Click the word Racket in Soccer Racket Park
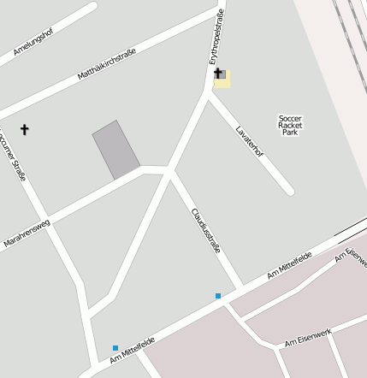pyautogui.click(x=291, y=126)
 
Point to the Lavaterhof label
pyautogui.click(x=250, y=141)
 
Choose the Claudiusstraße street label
pyautogui.click(x=206, y=228)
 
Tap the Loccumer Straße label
pyautogui.click(x=15, y=154)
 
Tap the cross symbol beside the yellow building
pyautogui.click(x=216, y=74)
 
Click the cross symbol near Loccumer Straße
pyautogui.click(x=25, y=130)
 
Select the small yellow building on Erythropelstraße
pyautogui.click(x=222, y=79)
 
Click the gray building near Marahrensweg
pyautogui.click(x=115, y=150)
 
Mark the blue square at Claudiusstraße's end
pyautogui.click(x=218, y=296)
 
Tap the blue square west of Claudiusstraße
pyautogui.click(x=115, y=348)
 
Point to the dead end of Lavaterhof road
pyautogui.click(x=289, y=191)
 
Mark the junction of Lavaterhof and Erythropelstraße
pyautogui.click(x=210, y=92)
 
